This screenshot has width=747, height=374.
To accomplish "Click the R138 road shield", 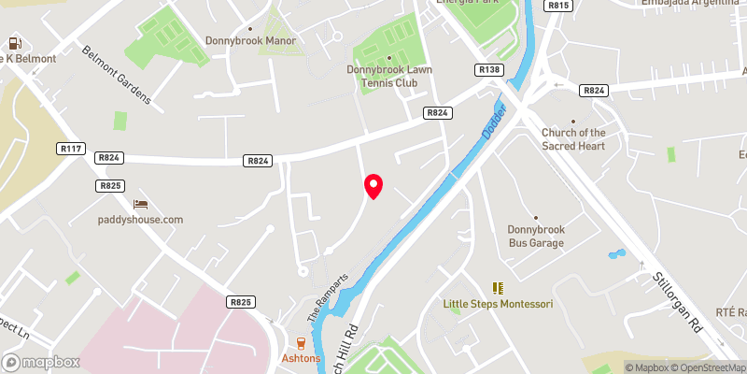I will pos(489,70).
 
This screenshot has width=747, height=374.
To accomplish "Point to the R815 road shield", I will pos(558,6).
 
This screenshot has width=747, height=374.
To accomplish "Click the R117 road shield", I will pos(70,147).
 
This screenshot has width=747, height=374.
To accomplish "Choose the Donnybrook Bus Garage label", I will pos(536,236).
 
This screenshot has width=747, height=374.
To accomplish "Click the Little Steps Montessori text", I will pos(498,305).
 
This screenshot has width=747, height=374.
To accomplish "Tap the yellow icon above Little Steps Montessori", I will pos(498,287).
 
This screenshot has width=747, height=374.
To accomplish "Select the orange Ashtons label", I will pos(301,358).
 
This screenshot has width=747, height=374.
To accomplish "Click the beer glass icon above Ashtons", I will pos(301,342).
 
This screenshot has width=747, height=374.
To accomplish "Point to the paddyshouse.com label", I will pos(141,220).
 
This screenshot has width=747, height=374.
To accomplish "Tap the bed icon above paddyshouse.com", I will pos(141,204).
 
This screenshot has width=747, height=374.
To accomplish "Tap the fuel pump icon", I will pos(15,43).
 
